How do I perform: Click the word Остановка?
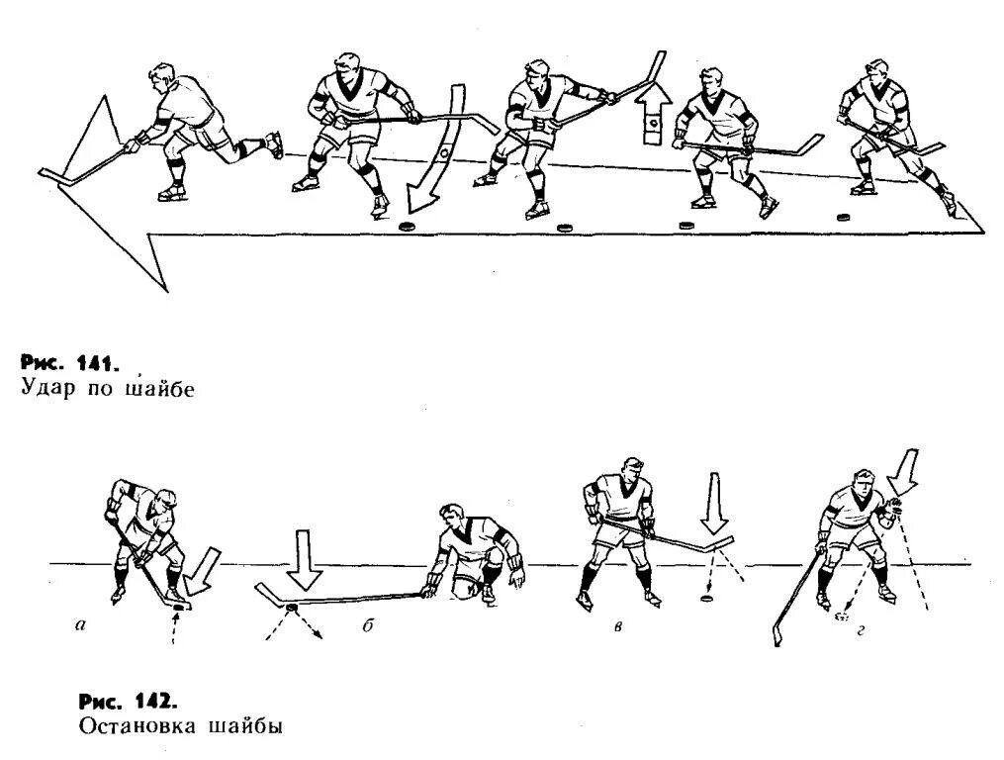134,726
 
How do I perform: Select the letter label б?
365,627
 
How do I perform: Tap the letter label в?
617,627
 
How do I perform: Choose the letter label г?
862,627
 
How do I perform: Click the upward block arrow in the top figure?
652,115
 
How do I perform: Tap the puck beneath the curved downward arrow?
406,227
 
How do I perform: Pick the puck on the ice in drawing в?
706,598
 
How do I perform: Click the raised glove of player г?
893,507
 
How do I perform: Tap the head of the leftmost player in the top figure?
162,77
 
